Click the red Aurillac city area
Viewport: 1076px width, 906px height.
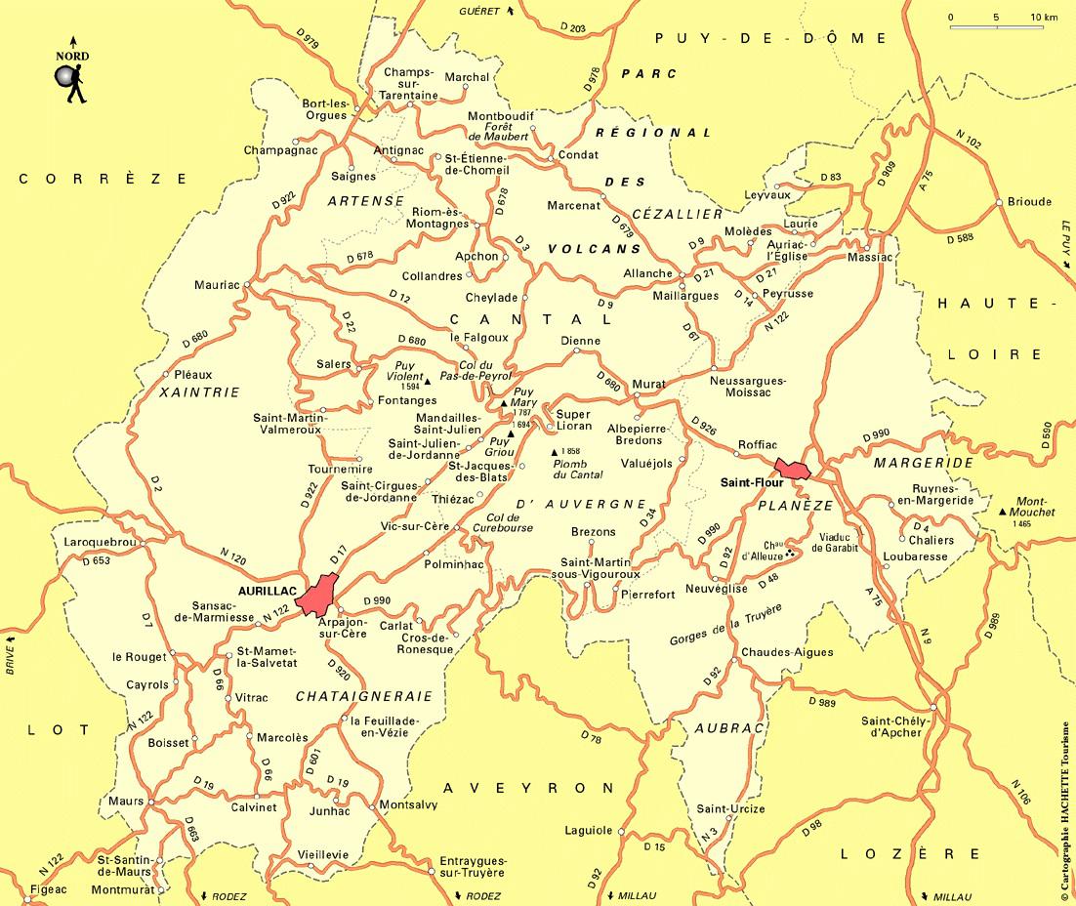tap(318, 594)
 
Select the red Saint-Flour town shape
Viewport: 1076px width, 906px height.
tap(792, 470)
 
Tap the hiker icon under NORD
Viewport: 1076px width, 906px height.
tap(72, 84)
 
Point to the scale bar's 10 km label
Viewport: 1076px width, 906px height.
tap(1044, 18)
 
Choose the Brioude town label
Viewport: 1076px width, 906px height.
tap(1028, 202)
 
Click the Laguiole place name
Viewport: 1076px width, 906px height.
tap(589, 831)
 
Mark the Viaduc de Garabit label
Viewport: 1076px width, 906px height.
tap(839, 542)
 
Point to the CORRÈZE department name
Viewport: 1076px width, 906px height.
tap(103, 179)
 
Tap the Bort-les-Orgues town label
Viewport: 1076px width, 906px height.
tap(325, 109)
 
